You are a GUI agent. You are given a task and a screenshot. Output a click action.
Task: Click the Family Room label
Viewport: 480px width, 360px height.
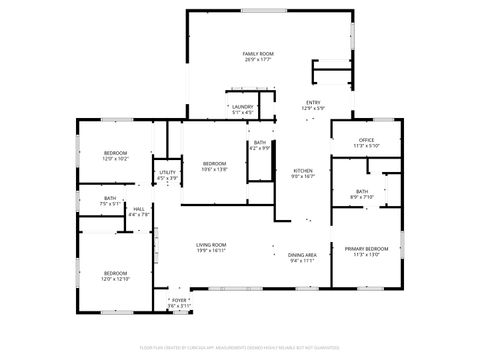click(258, 53)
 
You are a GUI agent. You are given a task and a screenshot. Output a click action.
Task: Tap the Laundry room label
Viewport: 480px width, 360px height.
click(242, 107)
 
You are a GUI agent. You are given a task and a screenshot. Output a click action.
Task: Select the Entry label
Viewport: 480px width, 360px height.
click(313, 102)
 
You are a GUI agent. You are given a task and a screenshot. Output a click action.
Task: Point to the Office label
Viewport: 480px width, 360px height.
click(367, 139)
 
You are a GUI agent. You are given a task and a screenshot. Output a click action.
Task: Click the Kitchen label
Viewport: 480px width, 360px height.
click(302, 171)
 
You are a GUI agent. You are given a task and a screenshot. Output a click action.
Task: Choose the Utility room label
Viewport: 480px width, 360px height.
click(167, 172)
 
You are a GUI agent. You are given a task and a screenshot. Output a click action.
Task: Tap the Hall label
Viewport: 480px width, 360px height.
click(139, 208)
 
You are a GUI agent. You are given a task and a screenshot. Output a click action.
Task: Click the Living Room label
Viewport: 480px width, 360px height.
click(210, 245)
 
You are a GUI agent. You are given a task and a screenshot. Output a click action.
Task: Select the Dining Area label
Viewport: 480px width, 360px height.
click(302, 254)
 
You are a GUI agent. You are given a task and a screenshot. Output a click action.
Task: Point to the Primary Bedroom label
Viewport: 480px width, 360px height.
click(367, 248)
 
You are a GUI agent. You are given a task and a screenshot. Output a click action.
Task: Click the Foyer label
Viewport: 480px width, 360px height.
click(179, 299)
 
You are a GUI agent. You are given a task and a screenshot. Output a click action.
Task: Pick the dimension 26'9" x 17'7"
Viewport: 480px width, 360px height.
click(258, 60)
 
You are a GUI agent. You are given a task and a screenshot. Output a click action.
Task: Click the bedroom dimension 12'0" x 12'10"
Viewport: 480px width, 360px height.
click(116, 279)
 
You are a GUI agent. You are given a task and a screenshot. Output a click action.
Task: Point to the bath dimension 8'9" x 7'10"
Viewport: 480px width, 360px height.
click(362, 197)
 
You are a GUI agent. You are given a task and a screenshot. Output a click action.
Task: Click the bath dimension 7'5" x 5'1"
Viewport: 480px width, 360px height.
click(110, 204)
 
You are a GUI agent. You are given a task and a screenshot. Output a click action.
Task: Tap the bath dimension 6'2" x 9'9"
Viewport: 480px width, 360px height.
click(259, 148)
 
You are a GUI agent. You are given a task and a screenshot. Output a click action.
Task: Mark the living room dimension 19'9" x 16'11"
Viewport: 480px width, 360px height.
click(210, 251)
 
